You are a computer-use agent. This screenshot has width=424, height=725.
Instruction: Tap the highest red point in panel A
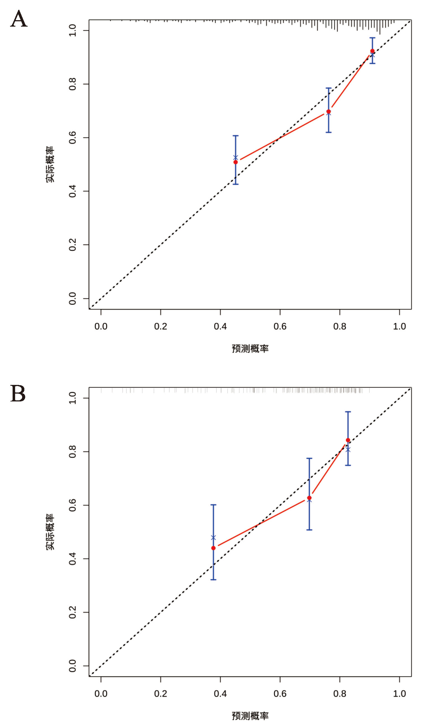(x=372, y=51)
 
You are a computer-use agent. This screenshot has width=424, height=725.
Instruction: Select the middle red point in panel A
(x=329, y=111)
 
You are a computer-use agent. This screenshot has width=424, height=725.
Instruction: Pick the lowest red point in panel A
(x=236, y=162)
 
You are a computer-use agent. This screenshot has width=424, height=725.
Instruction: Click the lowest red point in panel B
(x=213, y=548)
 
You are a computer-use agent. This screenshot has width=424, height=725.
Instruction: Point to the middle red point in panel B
(x=309, y=498)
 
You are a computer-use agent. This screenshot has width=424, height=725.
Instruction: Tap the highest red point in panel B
(x=348, y=440)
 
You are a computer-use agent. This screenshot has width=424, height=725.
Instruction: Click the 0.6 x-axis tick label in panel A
(x=280, y=327)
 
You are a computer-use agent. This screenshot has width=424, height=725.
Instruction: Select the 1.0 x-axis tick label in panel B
(x=399, y=694)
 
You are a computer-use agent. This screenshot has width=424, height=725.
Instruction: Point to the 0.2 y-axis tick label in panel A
(x=73, y=245)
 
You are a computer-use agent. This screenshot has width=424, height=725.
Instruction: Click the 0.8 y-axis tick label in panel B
(x=73, y=451)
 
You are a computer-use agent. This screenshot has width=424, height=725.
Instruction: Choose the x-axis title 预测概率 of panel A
(x=250, y=349)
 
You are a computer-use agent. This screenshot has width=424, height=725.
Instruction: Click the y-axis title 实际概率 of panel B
(x=50, y=532)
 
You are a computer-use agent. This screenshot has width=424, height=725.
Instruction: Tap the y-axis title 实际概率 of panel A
(x=50, y=164)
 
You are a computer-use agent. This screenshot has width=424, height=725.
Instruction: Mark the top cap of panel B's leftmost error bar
(x=213, y=505)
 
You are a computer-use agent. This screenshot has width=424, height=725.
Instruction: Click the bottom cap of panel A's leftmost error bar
(x=236, y=184)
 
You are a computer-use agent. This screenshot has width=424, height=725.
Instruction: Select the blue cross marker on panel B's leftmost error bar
(x=213, y=538)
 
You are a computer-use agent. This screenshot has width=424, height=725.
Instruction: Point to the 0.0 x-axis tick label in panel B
(x=101, y=694)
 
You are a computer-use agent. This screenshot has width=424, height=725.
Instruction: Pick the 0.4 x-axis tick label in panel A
(x=220, y=327)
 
